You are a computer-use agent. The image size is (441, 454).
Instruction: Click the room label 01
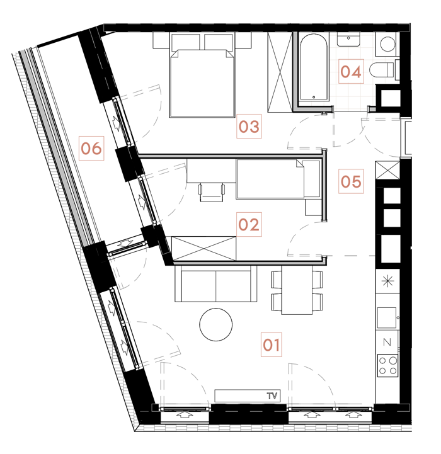(272, 345)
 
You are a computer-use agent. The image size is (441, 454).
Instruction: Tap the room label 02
(249, 225)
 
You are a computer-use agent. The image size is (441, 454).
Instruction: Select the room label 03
(249, 127)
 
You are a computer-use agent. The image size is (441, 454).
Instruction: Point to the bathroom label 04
(351, 71)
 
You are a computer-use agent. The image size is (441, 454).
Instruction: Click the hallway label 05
(351, 182)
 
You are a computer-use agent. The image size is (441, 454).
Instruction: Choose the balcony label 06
(91, 149)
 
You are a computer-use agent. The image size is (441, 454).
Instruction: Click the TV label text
(272, 396)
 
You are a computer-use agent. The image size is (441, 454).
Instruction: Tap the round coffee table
(215, 324)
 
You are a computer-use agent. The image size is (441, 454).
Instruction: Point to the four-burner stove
(387, 366)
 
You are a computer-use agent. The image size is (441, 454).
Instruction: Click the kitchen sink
(386, 317)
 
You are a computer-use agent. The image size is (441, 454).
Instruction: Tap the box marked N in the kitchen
(387, 343)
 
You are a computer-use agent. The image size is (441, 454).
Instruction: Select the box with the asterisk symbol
(387, 281)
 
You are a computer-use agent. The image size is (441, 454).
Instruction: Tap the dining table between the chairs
(296, 290)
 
